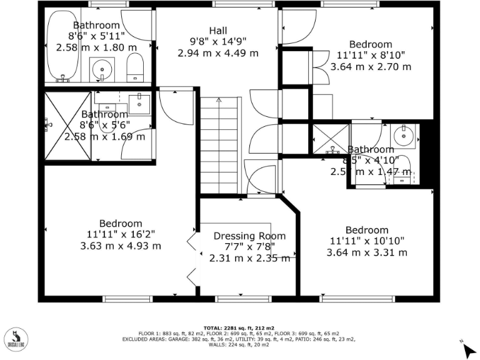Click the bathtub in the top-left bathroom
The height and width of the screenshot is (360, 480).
[x=63, y=46]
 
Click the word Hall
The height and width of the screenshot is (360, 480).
[x=218, y=31]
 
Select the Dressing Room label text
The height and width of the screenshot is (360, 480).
[x=249, y=236]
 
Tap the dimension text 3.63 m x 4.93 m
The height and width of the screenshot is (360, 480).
[x=121, y=246]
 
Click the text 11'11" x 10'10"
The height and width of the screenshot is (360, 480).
[x=367, y=241]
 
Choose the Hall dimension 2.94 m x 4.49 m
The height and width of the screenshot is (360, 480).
[x=218, y=53]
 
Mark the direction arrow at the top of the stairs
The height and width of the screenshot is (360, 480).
[x=219, y=100]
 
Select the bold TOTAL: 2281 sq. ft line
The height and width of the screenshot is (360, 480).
[x=239, y=328]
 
